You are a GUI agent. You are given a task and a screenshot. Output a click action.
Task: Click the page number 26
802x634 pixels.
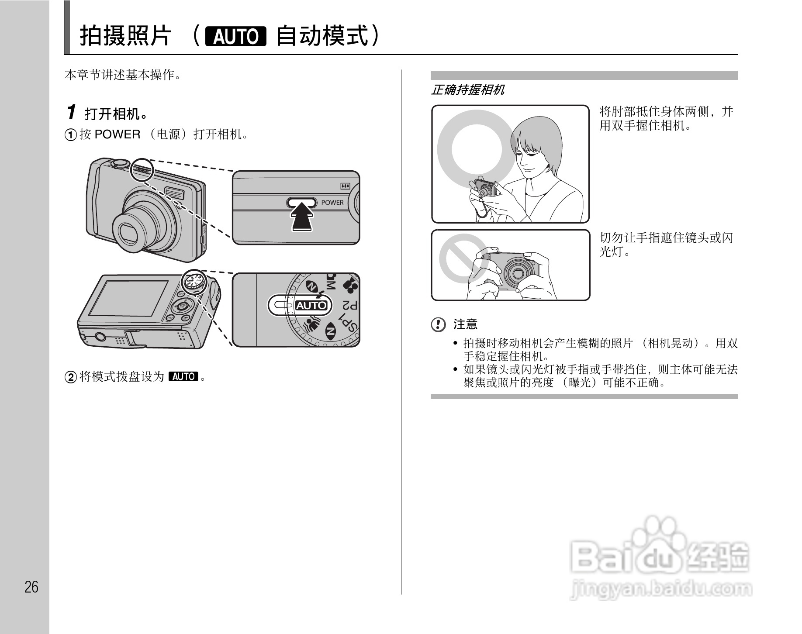[31, 587]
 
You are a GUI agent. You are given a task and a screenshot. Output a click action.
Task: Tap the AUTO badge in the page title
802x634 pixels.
[236, 37]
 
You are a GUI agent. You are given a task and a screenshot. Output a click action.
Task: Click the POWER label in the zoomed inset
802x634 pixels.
[332, 203]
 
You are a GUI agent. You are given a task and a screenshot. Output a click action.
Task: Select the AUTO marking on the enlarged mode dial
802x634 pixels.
[311, 305]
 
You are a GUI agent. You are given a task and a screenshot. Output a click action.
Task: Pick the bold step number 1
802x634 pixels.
[72, 112]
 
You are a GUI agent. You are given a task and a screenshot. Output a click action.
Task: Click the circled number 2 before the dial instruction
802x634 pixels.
[70, 377]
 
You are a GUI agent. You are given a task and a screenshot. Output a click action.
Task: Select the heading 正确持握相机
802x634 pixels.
[467, 90]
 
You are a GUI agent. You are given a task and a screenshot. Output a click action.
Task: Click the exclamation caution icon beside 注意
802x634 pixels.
[438, 324]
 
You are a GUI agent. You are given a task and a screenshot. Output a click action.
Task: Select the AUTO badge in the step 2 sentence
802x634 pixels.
[183, 376]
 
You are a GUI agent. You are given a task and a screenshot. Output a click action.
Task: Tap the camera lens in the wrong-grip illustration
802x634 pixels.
[518, 273]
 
